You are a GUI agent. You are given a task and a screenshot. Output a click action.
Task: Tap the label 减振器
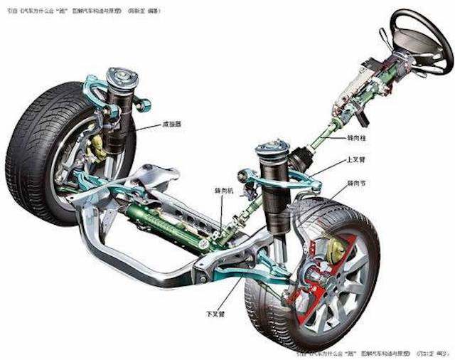(171, 124)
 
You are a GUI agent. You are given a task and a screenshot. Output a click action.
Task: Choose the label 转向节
(358, 184)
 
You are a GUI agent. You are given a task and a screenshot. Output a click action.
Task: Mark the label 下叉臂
(214, 312)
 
